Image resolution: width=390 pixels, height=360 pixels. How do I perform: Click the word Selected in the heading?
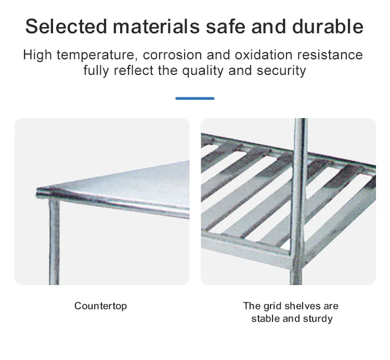pyautogui.click(x=66, y=27)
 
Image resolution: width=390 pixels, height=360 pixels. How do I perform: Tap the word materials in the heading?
pyautogui.click(x=156, y=27)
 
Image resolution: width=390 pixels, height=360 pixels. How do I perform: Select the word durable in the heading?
pyautogui.click(x=328, y=27)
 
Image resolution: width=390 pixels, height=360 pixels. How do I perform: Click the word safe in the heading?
pyautogui.click(x=226, y=27)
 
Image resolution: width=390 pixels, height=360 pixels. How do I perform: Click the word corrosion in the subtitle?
pyautogui.click(x=172, y=55)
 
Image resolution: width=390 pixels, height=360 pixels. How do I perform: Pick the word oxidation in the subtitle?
pyautogui.click(x=264, y=55)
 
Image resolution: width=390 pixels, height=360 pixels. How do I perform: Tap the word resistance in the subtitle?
pyautogui.click(x=330, y=55)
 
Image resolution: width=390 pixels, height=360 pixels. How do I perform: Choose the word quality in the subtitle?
pyautogui.click(x=203, y=71)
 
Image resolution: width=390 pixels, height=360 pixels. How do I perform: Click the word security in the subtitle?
pyautogui.click(x=281, y=71)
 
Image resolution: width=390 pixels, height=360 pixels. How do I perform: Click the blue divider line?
pyautogui.click(x=195, y=98)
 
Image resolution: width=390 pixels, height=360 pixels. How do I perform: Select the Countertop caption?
pyautogui.click(x=100, y=306)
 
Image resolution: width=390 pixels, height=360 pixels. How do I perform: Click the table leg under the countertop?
pyautogui.click(x=54, y=241)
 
